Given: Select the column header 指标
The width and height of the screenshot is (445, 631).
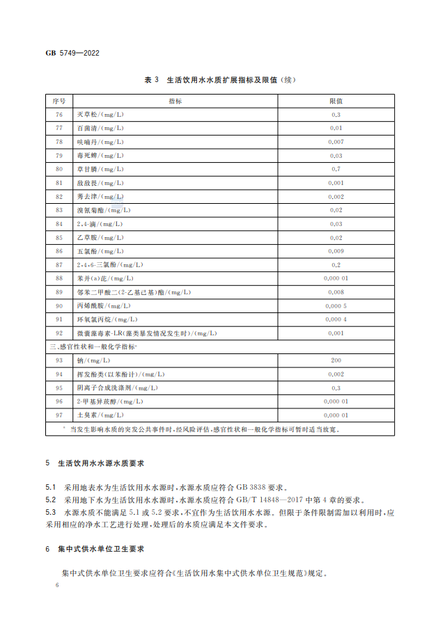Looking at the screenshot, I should point(175,101).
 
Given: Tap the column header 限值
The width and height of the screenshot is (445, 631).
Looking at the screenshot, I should point(336,101).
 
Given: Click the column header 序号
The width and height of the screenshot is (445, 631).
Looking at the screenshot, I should point(58,101).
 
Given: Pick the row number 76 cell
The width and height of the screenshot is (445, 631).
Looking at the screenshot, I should point(58,115).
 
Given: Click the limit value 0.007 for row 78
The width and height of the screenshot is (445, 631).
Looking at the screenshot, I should point(336,142).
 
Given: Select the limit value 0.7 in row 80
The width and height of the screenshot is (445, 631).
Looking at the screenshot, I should point(336,169).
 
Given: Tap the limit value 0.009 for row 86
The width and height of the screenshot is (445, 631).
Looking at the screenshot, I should point(336,250).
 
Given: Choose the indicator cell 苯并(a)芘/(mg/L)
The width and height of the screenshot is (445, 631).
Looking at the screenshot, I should point(104,278).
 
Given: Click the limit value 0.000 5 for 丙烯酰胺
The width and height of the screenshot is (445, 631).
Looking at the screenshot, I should point(336,305).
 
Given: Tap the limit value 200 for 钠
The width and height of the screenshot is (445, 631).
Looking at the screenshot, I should point(336,360).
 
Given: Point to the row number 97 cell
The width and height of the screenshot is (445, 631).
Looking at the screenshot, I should point(58,415).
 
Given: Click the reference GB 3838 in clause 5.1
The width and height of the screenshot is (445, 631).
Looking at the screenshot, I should point(251,488).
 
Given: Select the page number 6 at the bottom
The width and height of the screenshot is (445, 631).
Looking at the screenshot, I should point(58,586).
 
